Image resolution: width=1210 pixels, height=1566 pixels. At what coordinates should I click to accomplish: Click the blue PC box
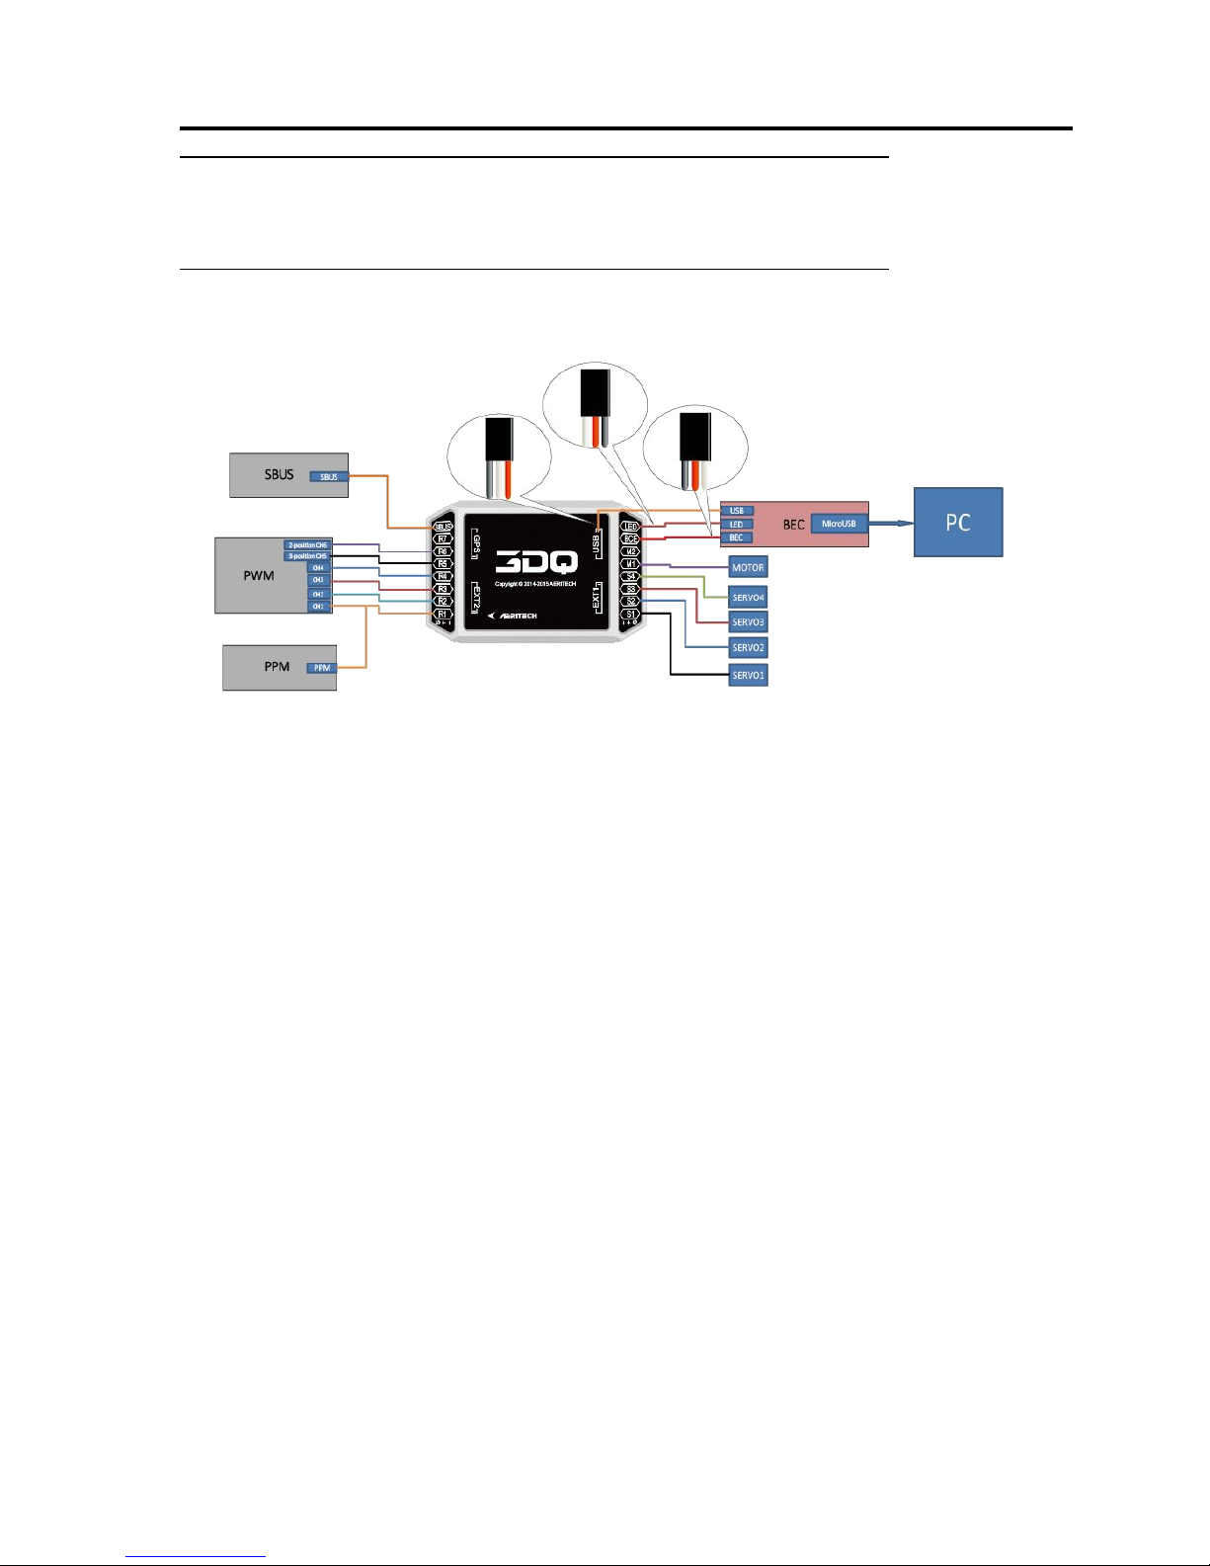pos(957,522)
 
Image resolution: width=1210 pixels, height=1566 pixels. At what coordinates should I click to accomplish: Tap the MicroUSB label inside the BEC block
pos(839,524)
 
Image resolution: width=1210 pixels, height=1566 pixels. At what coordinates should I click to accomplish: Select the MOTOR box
pos(748,567)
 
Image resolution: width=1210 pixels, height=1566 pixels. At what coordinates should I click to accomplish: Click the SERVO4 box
pos(748,597)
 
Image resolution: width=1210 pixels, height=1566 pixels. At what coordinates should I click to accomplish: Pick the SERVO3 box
pos(748,622)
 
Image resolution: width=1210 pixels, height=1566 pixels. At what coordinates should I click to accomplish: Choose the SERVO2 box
pos(748,648)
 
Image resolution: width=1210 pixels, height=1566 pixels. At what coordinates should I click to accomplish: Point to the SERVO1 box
pos(748,675)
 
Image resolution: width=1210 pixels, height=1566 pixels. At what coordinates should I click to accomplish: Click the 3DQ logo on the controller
pos(536,562)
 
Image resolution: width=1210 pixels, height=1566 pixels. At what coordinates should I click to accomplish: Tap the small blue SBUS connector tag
pos(329,477)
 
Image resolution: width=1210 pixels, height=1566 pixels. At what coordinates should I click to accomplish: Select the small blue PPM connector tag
pos(322,668)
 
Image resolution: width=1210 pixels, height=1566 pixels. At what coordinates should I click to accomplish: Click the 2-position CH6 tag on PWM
pos(307,545)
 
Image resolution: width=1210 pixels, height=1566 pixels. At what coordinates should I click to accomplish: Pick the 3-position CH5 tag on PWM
pos(307,556)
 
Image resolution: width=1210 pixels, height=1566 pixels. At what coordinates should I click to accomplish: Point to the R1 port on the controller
pos(443,614)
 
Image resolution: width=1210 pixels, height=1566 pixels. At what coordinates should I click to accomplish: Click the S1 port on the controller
pos(630,614)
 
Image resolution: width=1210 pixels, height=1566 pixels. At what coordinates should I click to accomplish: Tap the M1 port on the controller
pos(630,564)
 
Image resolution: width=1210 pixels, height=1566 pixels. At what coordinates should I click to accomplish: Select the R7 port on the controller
pos(443,539)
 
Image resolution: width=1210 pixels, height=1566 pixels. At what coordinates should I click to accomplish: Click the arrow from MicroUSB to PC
pos(890,524)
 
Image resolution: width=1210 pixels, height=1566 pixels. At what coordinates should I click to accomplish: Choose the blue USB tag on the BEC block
pos(737,511)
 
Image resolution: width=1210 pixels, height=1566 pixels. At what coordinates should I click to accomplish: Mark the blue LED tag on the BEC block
pos(737,525)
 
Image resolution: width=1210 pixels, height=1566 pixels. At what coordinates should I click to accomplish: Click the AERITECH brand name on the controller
pos(519,616)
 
